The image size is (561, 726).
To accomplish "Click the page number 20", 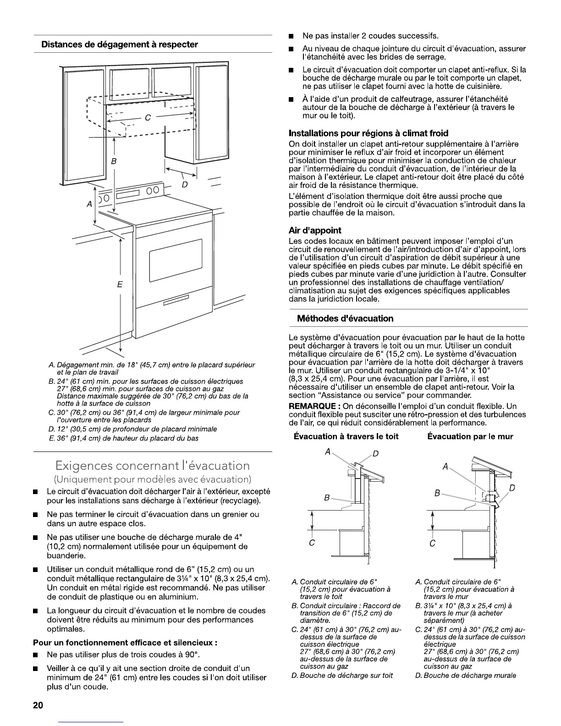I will pyautogui.click(x=38, y=706).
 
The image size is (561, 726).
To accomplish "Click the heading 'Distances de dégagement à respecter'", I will pyautogui.click(x=120, y=45).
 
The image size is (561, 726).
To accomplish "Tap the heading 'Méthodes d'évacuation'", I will pyautogui.click(x=345, y=319).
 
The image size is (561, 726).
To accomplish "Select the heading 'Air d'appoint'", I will pyautogui.click(x=315, y=231).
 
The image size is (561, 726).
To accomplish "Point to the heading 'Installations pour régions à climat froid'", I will pyautogui.click(x=368, y=133).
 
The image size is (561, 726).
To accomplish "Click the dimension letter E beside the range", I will pyautogui.click(x=120, y=285).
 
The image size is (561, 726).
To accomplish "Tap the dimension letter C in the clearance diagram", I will pyautogui.click(x=148, y=118).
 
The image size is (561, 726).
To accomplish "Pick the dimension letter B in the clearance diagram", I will pyautogui.click(x=114, y=161).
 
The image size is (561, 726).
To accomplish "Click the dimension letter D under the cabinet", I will pyautogui.click(x=185, y=185).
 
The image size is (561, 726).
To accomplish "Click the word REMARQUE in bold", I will pyautogui.click(x=313, y=407).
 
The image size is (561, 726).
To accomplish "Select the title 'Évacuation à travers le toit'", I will pyautogui.click(x=346, y=436).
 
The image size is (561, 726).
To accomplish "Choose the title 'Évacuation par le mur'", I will pyautogui.click(x=470, y=436).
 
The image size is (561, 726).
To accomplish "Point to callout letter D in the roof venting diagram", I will pyautogui.click(x=375, y=454).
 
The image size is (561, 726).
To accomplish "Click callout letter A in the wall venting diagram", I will pyautogui.click(x=445, y=467).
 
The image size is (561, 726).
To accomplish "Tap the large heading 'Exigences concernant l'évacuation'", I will pyautogui.click(x=153, y=466).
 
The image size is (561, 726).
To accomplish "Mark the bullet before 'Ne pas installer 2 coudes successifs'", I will pyautogui.click(x=291, y=36).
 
